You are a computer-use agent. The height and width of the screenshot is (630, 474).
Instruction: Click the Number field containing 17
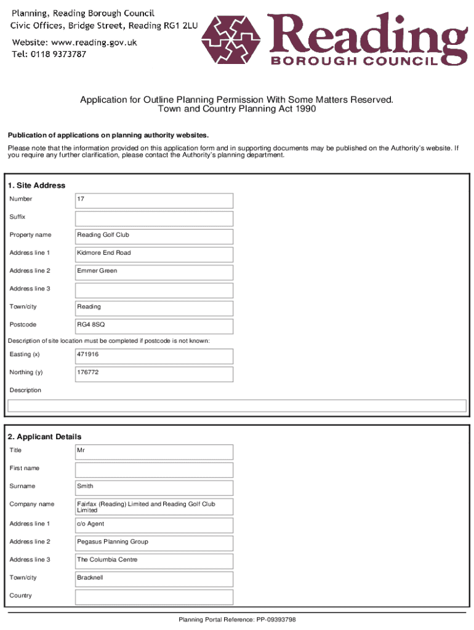click(x=154, y=201)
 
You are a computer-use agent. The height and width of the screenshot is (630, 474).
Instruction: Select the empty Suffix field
click(x=154, y=218)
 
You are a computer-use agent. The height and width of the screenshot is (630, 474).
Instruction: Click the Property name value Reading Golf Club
click(x=154, y=236)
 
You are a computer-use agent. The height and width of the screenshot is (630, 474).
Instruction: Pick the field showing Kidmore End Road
click(x=154, y=254)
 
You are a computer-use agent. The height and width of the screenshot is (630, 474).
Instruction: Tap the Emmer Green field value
click(x=154, y=272)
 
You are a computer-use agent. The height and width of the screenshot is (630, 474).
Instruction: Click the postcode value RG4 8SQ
click(x=154, y=325)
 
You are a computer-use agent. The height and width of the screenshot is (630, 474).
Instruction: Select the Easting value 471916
click(x=154, y=356)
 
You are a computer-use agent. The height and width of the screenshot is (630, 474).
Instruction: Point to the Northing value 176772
click(x=154, y=373)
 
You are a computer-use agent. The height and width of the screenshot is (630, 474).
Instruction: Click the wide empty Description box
click(x=236, y=405)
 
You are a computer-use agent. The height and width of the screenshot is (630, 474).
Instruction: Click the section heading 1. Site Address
click(x=36, y=185)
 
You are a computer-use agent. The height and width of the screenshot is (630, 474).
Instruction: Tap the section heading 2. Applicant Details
click(x=44, y=437)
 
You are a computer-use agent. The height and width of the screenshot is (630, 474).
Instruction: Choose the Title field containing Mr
click(x=154, y=452)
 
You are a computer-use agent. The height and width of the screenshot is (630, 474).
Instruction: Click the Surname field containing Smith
click(x=154, y=488)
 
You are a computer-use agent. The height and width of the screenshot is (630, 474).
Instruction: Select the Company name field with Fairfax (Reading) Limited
click(x=154, y=507)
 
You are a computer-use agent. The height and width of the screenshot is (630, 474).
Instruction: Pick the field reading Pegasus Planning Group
click(x=154, y=543)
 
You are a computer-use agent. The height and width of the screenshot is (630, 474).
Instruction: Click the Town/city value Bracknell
click(x=154, y=579)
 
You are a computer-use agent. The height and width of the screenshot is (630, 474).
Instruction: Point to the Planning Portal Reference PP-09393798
click(x=237, y=620)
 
